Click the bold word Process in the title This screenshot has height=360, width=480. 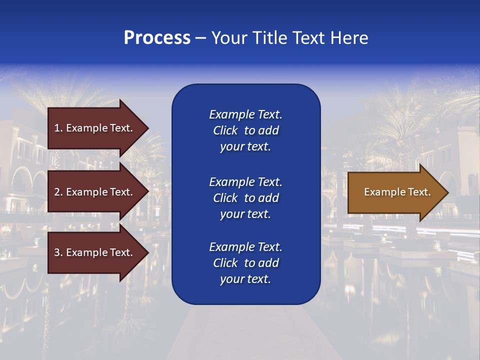pos(157,38)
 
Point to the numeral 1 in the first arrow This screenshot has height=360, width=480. pos(56,128)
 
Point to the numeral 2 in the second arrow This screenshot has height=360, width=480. pos(56,192)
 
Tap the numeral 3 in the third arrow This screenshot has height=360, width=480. pos(56,252)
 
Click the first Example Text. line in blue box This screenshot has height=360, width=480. pos(245,114)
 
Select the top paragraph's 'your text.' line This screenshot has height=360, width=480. pos(245,146)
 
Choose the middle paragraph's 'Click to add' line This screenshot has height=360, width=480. pos(245,198)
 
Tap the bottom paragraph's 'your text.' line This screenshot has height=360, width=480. pos(245,279)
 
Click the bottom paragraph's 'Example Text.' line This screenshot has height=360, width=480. pos(245,247)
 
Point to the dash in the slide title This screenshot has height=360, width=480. pos(200,38)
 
